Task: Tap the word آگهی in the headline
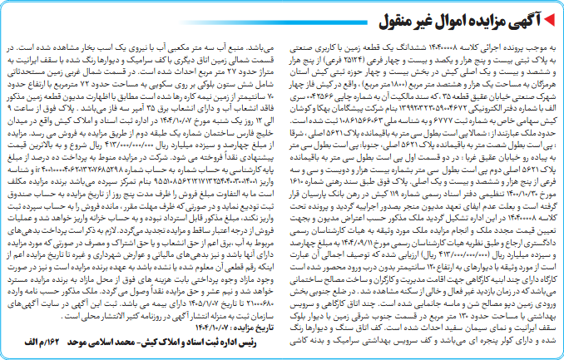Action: (x=526, y=18)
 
